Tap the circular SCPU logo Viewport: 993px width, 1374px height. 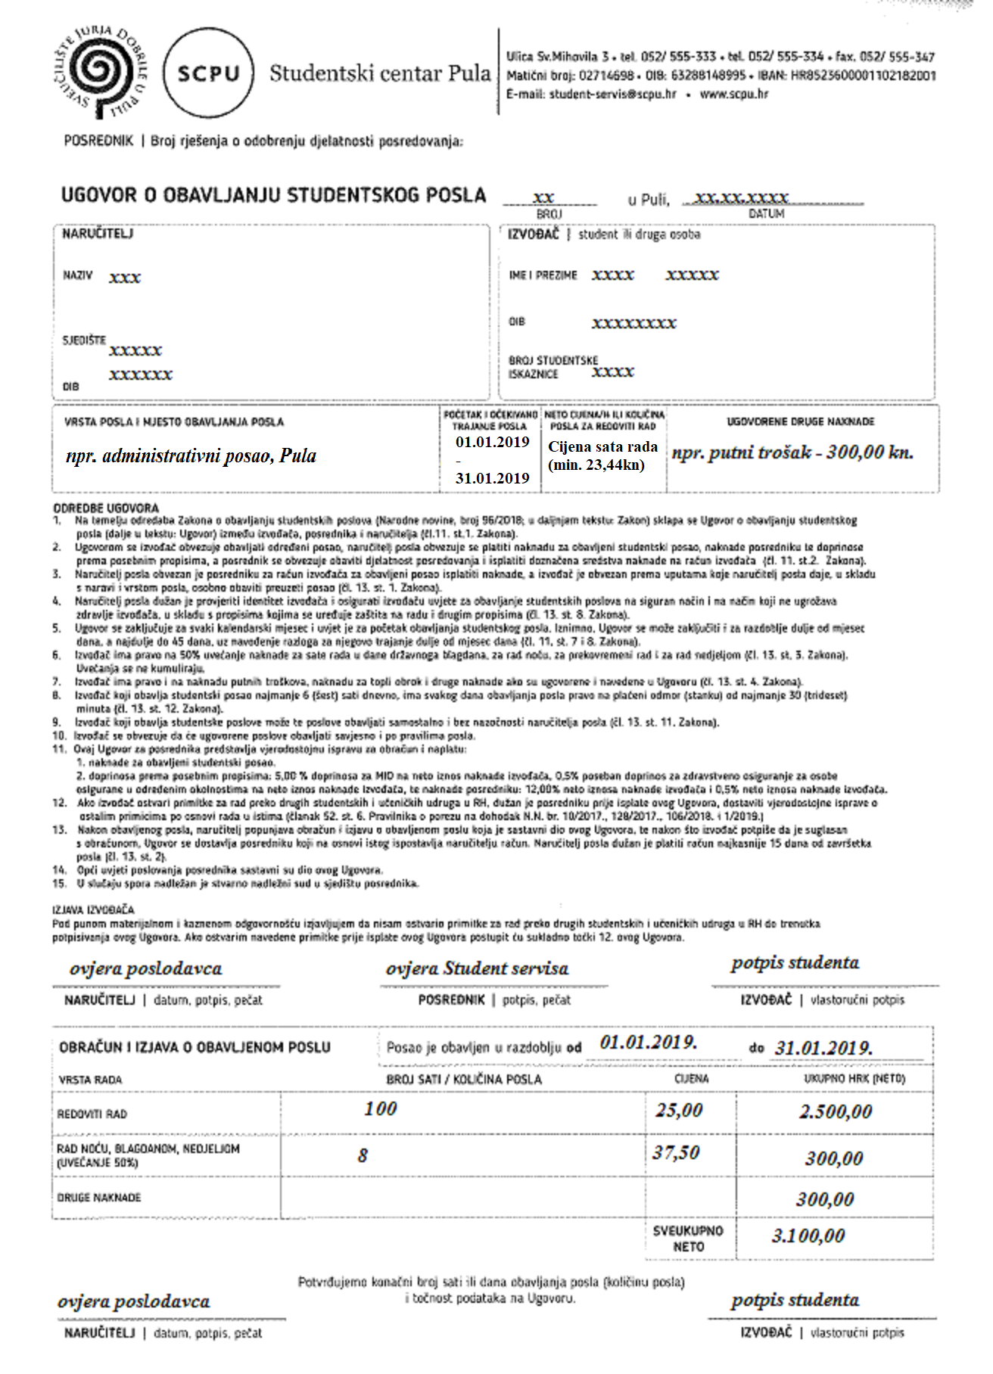point(207,73)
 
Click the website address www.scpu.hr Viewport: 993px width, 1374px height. point(733,95)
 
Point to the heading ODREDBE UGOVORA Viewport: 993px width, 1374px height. point(106,508)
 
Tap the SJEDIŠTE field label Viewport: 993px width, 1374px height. point(84,340)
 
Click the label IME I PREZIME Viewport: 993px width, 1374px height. point(543,275)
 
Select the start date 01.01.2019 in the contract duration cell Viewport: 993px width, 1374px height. point(492,443)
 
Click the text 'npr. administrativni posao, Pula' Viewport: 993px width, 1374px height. point(191,456)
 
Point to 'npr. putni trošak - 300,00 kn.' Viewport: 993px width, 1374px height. point(792,452)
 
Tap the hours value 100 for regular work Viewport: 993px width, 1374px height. point(380,1108)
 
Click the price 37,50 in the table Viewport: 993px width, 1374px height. point(676,1152)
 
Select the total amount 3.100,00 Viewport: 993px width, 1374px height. point(808,1236)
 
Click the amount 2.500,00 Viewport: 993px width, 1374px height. point(835,1111)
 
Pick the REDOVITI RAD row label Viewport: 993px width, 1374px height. point(92,1114)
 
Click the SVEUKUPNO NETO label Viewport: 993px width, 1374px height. point(688,1239)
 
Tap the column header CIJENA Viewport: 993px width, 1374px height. point(691,1079)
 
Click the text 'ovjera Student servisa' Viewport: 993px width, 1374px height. point(477,968)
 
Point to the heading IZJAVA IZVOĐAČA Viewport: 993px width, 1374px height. point(93,909)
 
